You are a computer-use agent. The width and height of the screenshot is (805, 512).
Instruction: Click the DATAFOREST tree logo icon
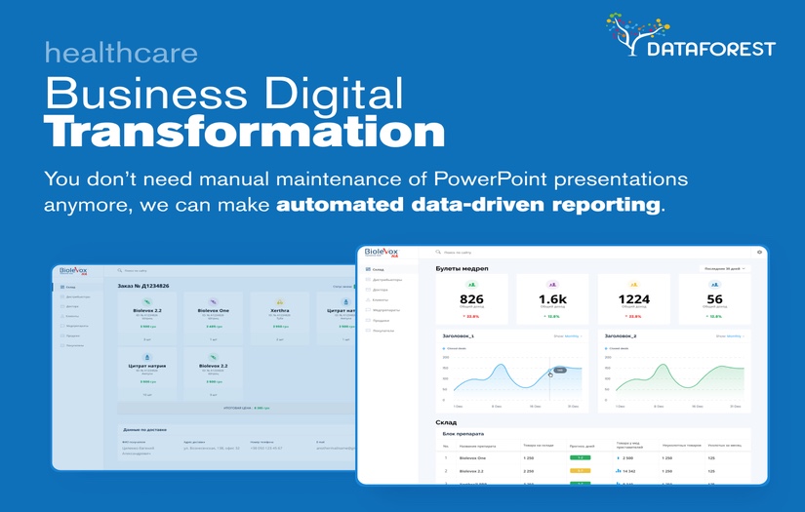(x=635, y=34)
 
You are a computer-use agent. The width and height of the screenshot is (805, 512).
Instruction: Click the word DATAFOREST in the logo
(x=711, y=48)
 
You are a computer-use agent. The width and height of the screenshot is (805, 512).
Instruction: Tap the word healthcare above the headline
(x=120, y=53)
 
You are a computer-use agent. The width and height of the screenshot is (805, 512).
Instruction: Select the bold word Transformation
(x=244, y=131)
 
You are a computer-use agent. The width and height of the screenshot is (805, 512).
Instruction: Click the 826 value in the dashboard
(x=471, y=299)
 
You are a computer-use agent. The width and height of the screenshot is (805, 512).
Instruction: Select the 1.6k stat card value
(x=552, y=299)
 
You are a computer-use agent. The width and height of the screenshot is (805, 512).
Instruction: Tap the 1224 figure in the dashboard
(x=633, y=299)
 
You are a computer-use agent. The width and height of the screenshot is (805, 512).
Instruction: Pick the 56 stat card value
(x=714, y=299)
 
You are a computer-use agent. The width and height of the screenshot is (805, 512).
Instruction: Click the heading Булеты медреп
(x=462, y=268)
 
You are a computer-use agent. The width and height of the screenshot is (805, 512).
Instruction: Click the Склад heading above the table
(x=446, y=422)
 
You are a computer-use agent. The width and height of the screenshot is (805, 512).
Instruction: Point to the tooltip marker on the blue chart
(x=560, y=371)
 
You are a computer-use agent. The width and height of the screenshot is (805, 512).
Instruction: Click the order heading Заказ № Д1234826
(x=143, y=286)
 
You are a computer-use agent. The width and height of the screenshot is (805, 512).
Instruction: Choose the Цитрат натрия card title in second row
(x=147, y=366)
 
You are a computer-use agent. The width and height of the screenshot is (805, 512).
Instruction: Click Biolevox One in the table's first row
(x=475, y=457)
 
